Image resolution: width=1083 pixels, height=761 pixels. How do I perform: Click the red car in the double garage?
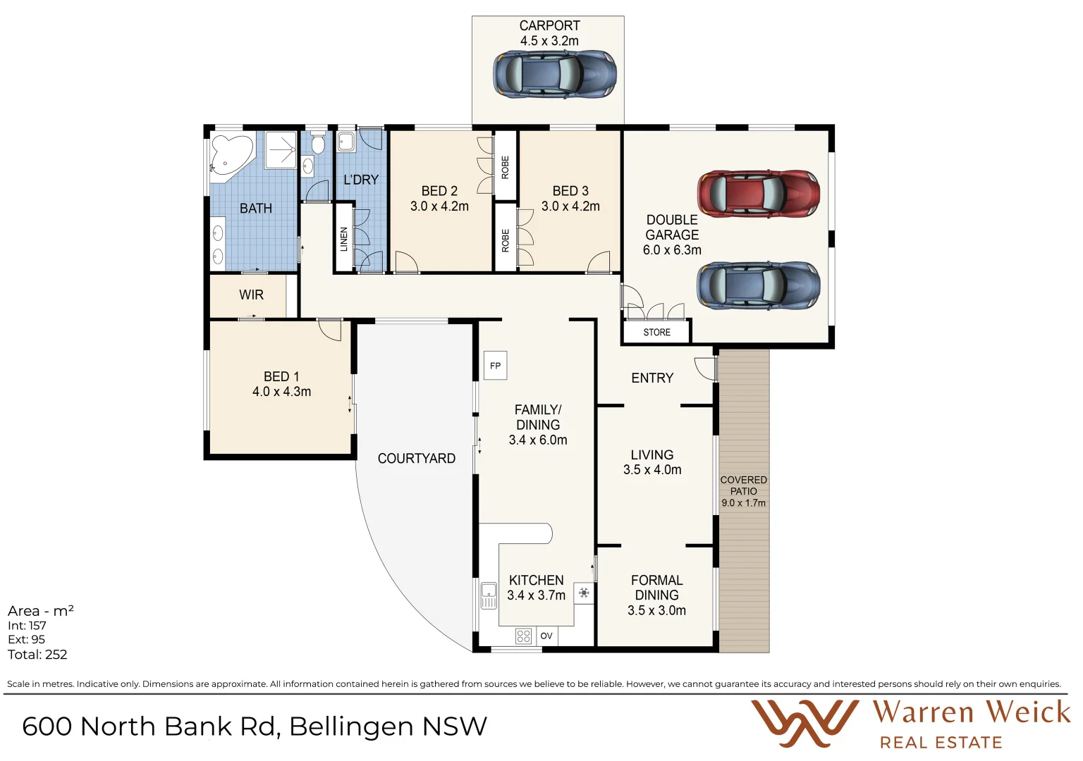click(x=759, y=193)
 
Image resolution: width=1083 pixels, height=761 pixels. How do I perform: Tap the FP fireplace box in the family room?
click(x=495, y=366)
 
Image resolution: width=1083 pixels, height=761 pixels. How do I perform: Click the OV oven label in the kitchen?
click(x=546, y=636)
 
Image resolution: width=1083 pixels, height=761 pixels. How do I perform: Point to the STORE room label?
click(x=656, y=332)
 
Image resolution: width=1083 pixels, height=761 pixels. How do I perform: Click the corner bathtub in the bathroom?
click(x=231, y=156)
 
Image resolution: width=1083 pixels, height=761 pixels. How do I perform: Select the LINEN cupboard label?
click(x=344, y=239)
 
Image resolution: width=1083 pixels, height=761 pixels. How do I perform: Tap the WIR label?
click(x=251, y=295)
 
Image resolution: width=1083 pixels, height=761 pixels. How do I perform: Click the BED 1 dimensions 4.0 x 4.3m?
click(x=281, y=392)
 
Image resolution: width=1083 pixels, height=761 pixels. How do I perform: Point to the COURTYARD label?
click(x=416, y=458)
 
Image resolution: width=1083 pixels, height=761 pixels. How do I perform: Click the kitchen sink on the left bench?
click(x=489, y=595)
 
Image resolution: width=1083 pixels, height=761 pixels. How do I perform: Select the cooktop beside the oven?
click(x=523, y=636)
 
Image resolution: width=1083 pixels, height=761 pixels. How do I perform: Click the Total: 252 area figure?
click(x=37, y=655)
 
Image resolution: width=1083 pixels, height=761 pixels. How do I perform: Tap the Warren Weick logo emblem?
click(x=804, y=722)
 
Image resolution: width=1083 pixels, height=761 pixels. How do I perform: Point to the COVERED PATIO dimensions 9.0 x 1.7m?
click(x=743, y=503)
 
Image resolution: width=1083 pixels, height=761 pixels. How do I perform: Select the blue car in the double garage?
click(x=759, y=285)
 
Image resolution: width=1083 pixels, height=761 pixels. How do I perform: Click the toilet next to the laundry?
click(x=317, y=144)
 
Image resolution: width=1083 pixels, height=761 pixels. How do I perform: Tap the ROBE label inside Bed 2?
click(x=505, y=167)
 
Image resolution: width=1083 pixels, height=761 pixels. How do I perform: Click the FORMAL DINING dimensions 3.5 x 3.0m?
click(x=656, y=610)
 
